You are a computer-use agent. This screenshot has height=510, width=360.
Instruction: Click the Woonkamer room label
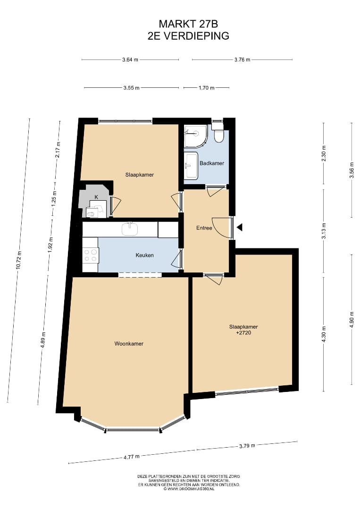click(x=129, y=343)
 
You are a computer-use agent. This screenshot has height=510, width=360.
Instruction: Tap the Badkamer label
click(x=212, y=163)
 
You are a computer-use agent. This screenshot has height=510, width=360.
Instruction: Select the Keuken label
click(x=144, y=255)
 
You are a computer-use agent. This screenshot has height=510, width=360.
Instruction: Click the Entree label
click(x=204, y=228)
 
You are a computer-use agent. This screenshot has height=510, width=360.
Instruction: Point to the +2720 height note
click(x=243, y=333)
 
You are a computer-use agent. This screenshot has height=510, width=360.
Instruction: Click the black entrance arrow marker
click(x=240, y=227)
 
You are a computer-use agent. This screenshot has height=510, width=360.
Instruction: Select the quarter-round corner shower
click(x=196, y=136)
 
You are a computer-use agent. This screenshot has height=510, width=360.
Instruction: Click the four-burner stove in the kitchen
click(x=90, y=255)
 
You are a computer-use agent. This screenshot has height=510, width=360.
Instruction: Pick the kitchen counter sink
click(x=130, y=229)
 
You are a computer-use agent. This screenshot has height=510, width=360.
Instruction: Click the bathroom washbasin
click(x=191, y=166)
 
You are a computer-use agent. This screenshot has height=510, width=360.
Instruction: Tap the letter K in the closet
click(x=96, y=197)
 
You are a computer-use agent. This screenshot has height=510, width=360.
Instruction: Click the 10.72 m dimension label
click(x=19, y=260)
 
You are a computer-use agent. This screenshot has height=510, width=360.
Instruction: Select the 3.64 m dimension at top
click(x=130, y=59)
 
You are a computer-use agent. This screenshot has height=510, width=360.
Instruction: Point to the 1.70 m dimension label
click(x=207, y=87)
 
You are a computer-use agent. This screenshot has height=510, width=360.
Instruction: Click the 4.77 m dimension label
click(x=132, y=457)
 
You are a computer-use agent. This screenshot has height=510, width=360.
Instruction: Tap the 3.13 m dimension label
click(x=323, y=231)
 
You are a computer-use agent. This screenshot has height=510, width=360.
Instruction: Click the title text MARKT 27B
click(x=188, y=24)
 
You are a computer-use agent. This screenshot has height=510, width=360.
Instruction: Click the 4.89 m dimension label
click(x=43, y=340)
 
